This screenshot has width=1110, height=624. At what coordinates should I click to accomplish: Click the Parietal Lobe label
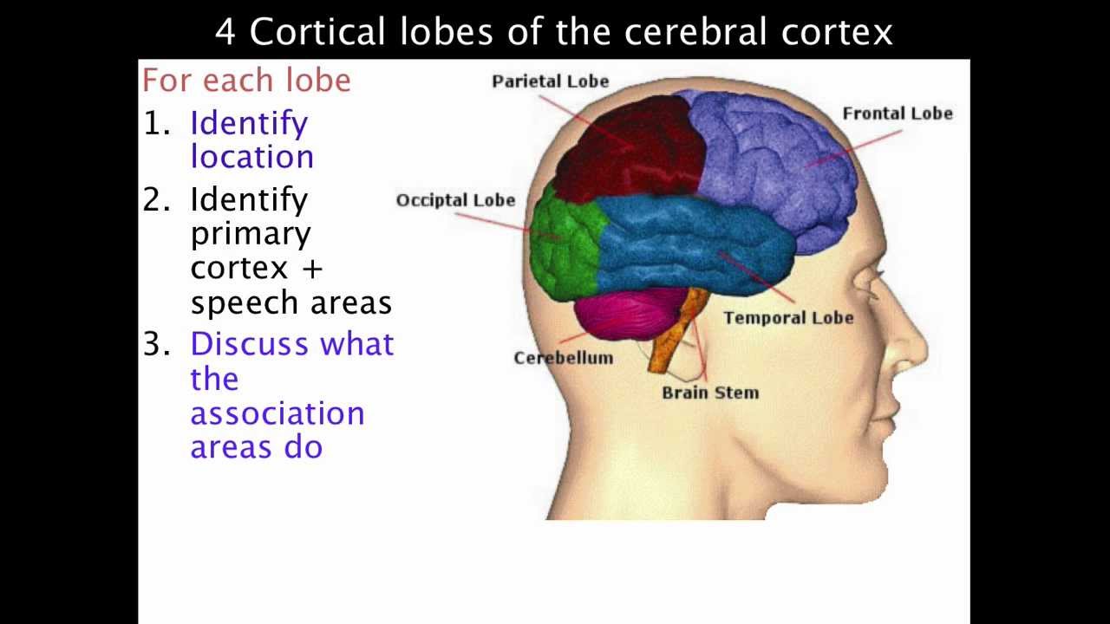[x=550, y=81]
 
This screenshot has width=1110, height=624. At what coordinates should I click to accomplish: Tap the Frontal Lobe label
[x=897, y=114]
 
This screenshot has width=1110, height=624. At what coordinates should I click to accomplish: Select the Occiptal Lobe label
[x=455, y=200]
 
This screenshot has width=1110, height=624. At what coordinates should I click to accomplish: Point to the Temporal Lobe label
[x=787, y=318]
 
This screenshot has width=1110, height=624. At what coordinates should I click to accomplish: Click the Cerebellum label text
[x=563, y=358]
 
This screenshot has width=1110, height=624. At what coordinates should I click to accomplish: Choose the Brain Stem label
[x=709, y=393]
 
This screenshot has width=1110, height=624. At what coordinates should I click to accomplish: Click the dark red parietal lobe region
[x=629, y=147]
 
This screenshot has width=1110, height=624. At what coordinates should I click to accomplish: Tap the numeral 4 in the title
[x=225, y=33]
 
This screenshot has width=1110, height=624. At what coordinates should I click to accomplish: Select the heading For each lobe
[x=246, y=81]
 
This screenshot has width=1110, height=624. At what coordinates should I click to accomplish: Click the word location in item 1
[x=251, y=157]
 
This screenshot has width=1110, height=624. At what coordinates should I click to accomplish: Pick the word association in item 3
[x=277, y=413]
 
